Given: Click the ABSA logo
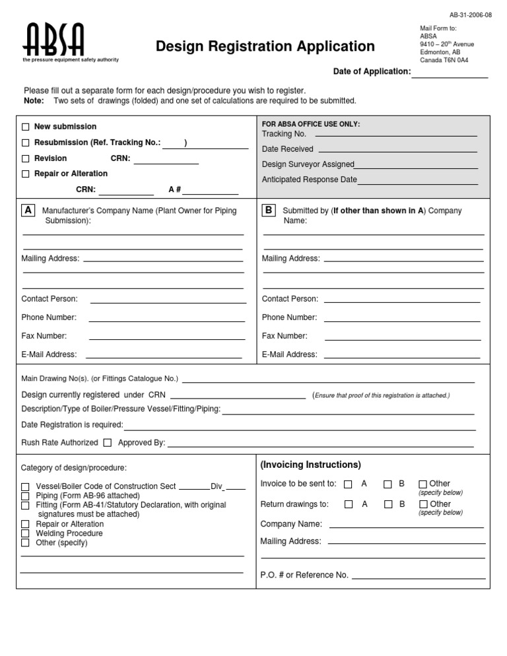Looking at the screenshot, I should (x=55, y=41).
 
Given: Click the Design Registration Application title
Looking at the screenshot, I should (x=265, y=46).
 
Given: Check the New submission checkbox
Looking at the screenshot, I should (x=26, y=127).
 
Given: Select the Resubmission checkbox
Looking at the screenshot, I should (x=26, y=143).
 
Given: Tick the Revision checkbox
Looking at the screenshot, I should (x=26, y=158).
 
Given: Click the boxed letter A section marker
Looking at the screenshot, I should (x=28, y=211).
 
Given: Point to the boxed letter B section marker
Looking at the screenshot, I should (x=269, y=211).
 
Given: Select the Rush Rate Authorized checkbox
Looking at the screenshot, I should (x=108, y=443).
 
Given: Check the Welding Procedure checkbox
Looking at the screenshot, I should (x=25, y=533).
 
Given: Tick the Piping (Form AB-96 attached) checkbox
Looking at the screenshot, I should (x=25, y=496).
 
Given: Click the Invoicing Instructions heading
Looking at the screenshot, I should (x=310, y=465).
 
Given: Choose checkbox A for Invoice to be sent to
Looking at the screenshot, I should (x=349, y=484).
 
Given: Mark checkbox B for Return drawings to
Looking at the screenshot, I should (x=388, y=505).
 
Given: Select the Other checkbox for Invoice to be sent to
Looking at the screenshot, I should (x=422, y=484).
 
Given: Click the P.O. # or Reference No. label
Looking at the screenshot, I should (x=304, y=575).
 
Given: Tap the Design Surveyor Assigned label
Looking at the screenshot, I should (x=308, y=164).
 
